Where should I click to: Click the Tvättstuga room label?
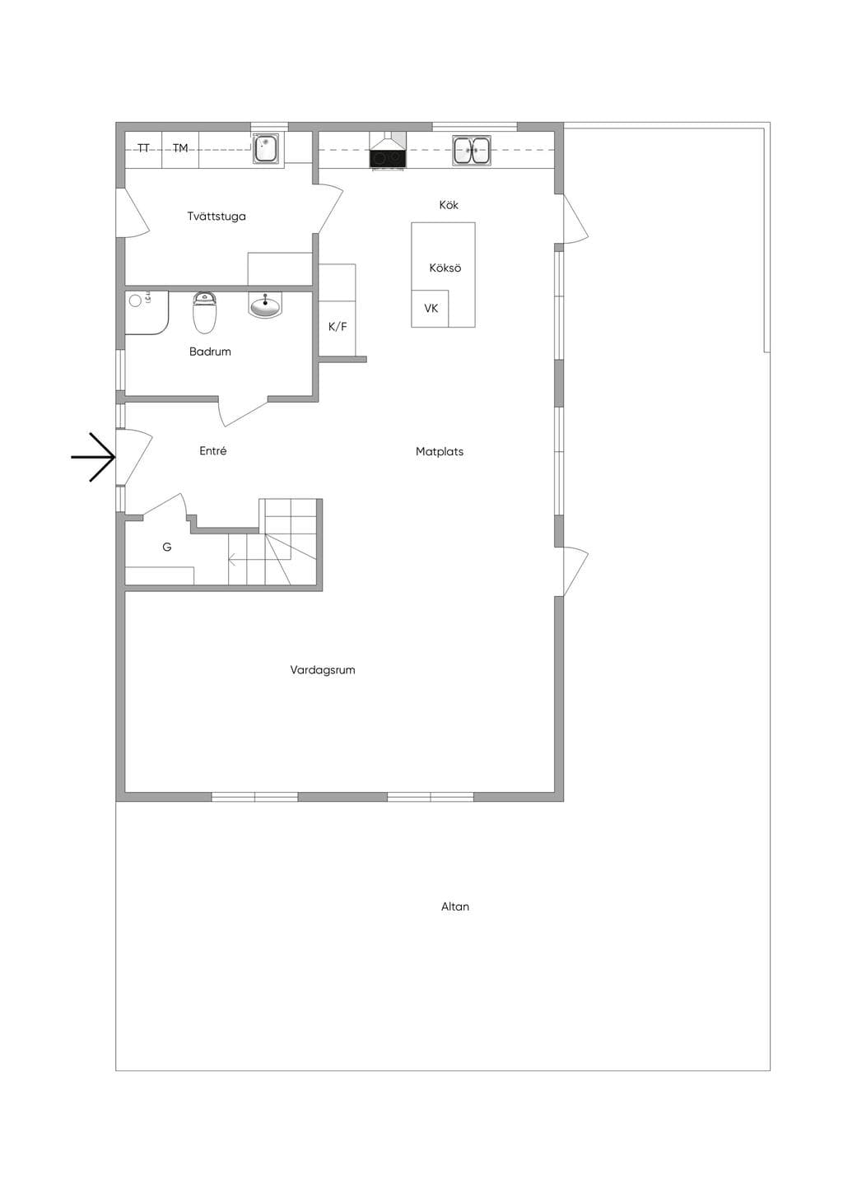click(217, 217)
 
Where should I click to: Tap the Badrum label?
click(210, 352)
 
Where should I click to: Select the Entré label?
click(213, 451)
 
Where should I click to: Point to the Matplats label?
click(440, 452)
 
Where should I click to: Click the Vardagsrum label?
click(322, 670)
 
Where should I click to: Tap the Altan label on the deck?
click(454, 906)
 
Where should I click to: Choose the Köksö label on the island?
click(445, 268)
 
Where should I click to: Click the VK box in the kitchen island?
click(431, 309)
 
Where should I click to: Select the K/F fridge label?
click(338, 327)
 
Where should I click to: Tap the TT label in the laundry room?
click(143, 148)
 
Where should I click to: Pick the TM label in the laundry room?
click(180, 148)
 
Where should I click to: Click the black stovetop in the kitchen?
click(388, 158)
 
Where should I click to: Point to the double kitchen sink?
click(471, 150)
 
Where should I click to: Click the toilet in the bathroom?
click(204, 311)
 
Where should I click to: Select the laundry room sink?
click(264, 148)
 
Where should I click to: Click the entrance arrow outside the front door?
click(93, 457)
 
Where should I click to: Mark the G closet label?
click(166, 547)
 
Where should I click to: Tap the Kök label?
click(449, 205)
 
